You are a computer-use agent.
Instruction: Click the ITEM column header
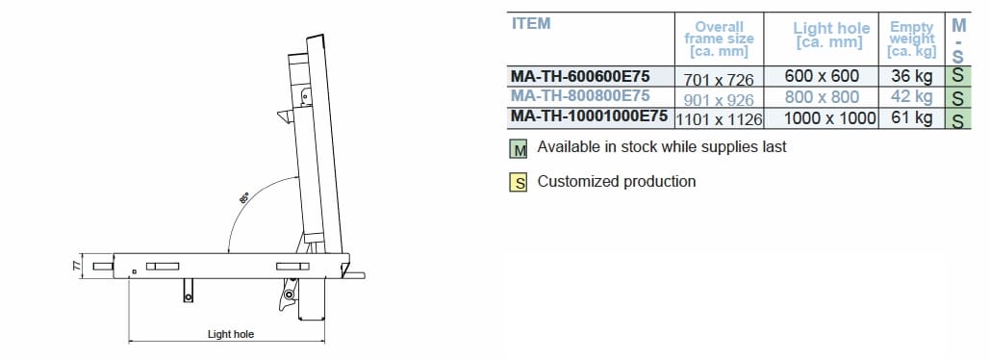coord(530,23)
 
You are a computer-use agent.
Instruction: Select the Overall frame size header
coord(719,39)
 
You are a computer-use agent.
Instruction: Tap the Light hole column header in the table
coord(831,35)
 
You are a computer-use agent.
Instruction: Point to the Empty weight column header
coord(912,39)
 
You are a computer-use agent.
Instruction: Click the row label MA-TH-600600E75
coord(580,76)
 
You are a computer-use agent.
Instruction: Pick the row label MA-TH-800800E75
coord(580,96)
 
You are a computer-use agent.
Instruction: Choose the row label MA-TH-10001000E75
coord(589,116)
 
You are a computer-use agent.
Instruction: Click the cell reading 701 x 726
coord(719,80)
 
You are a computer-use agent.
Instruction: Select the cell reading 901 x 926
coord(719,100)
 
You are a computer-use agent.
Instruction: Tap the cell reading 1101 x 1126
coord(719,119)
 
